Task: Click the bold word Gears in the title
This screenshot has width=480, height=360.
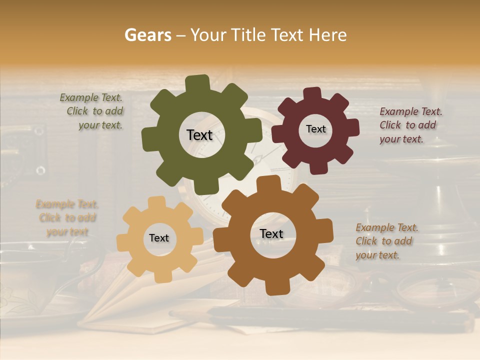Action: [147, 35]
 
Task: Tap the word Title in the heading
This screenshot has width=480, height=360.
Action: [248, 35]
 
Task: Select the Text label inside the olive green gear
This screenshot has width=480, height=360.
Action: [199, 135]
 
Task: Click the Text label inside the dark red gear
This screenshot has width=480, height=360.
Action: [315, 129]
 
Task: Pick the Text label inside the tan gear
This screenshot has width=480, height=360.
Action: [159, 238]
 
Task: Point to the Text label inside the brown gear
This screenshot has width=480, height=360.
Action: [271, 233]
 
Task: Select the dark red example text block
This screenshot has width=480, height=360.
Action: [410, 125]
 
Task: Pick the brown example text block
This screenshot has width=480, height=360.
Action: [386, 241]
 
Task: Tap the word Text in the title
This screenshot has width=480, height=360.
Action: [288, 35]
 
